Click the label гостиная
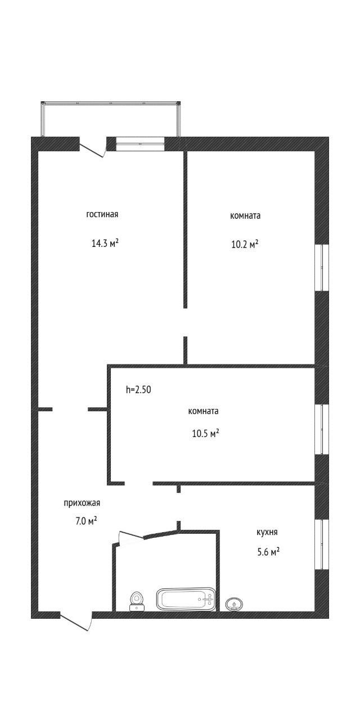click(x=102, y=214)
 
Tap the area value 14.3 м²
click(x=105, y=244)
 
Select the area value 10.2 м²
click(x=245, y=245)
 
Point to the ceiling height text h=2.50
click(x=138, y=389)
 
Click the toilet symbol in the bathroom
click(x=137, y=600)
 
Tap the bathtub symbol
click(x=186, y=600)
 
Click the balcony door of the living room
click(x=93, y=147)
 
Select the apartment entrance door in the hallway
click(x=76, y=622)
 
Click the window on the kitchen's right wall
click(x=322, y=544)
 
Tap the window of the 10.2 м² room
click(x=322, y=267)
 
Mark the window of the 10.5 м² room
click(x=322, y=429)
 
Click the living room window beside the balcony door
click(x=140, y=144)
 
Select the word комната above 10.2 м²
click(x=245, y=215)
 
